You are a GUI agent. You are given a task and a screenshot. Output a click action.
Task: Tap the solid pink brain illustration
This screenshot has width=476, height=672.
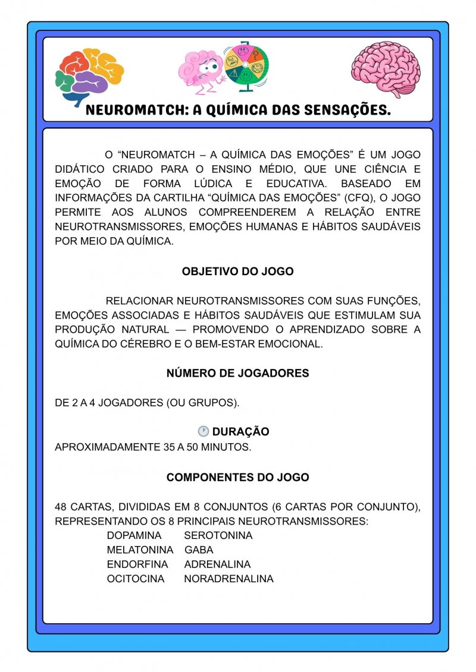[x=386, y=69]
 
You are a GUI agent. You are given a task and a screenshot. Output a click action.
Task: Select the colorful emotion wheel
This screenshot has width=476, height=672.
[x=245, y=66]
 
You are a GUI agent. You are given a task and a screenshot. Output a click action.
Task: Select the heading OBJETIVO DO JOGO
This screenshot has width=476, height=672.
[x=237, y=272]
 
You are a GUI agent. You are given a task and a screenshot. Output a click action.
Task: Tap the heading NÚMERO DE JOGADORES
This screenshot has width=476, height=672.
[x=237, y=374]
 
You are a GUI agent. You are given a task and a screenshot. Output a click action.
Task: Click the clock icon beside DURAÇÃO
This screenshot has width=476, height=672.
[x=203, y=431]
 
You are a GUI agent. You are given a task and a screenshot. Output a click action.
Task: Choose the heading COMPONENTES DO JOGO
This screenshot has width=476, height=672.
[x=237, y=477]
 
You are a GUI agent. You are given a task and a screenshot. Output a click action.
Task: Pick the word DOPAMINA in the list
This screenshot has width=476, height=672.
[x=134, y=535]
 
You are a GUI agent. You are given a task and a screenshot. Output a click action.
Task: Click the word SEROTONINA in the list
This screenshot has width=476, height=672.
[x=218, y=535]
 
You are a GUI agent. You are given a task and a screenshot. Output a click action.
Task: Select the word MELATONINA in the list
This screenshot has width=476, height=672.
[x=140, y=550]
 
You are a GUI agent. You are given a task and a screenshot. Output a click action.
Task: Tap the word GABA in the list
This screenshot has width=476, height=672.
[x=199, y=550]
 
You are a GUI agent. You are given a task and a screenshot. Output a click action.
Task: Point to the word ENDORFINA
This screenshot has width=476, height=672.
[x=137, y=564]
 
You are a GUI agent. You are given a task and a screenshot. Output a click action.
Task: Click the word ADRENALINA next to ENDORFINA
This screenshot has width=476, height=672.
[x=217, y=564]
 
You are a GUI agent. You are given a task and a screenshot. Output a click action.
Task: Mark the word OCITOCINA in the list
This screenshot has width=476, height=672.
[x=136, y=578]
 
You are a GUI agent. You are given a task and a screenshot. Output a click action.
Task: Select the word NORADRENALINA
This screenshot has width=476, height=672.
[x=228, y=578]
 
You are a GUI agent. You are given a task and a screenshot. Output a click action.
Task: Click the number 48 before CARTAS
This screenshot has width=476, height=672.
[x=61, y=507]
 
